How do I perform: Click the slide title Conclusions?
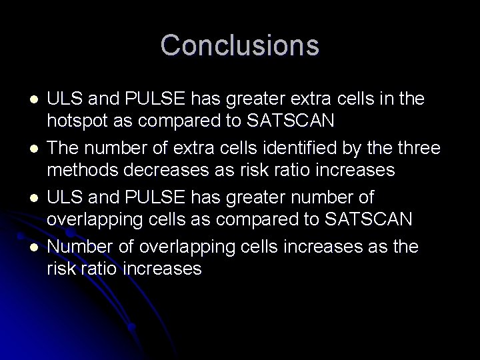coord(239,45)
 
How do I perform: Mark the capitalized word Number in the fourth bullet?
coord(76,247)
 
